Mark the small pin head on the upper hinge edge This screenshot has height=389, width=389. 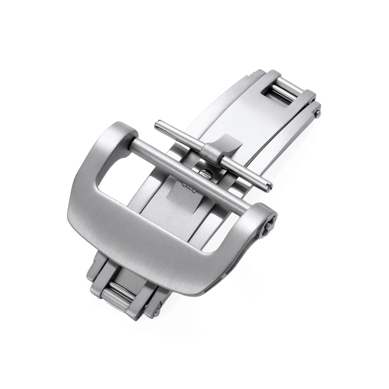coord(318,113)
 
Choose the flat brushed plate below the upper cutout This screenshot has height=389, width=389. coord(249,117)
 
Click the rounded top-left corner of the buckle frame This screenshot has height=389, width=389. coord(117,130)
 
